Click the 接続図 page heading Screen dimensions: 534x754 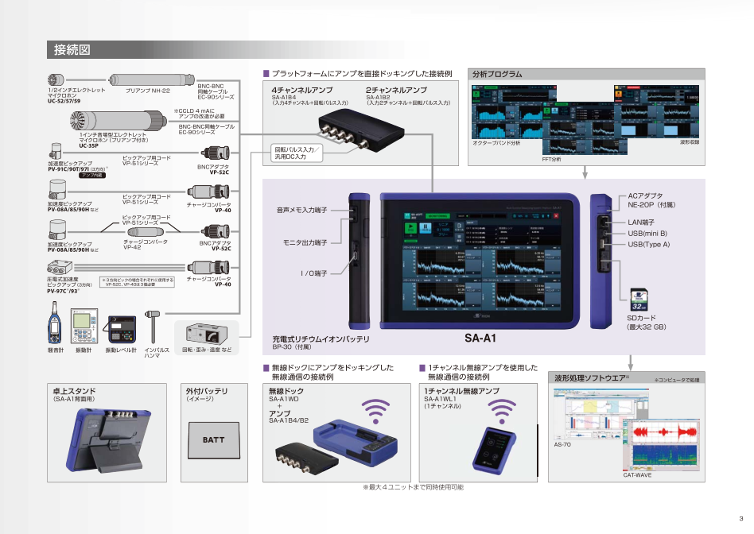click(x=72, y=51)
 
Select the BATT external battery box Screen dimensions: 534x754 click(x=213, y=439)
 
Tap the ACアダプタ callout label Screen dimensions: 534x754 click(x=645, y=195)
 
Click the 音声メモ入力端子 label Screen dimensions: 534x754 click(x=302, y=211)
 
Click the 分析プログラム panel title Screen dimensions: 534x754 click(x=498, y=74)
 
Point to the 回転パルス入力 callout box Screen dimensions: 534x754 click(x=296, y=153)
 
